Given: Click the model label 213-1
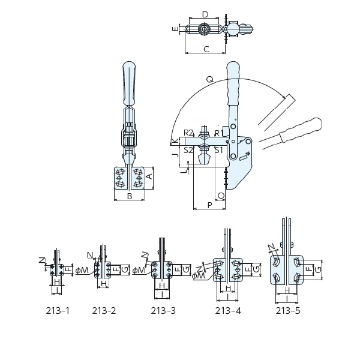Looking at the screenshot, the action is pos(58,311).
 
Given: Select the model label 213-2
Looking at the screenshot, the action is pos(104,311).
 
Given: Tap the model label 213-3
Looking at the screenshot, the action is pos(163,311).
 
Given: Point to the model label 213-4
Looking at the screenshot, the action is pos(228,311).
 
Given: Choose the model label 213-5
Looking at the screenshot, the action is pos(288,311).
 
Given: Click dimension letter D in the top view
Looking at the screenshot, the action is pos(205,14).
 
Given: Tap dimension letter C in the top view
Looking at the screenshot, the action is pos(206,49).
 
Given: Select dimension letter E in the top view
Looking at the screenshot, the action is pos(175,29).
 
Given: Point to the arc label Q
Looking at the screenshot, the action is pos(210,79).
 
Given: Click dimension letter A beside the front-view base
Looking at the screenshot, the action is pos(149,176).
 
